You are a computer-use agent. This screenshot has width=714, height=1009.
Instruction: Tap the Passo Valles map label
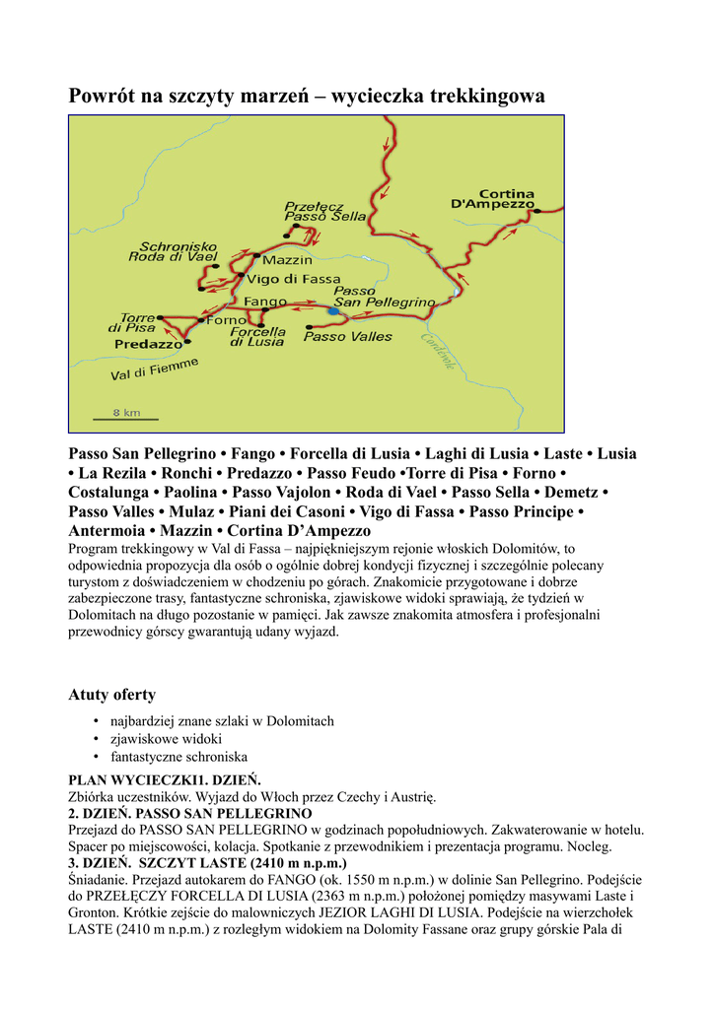[x=347, y=337]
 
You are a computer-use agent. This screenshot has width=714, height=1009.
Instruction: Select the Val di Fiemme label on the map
[x=155, y=370]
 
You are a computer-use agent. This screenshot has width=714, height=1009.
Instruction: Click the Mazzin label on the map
[x=288, y=260]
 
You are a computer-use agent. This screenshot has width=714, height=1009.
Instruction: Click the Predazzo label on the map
[x=148, y=345]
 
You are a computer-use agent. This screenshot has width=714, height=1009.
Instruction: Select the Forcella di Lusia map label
[x=257, y=337]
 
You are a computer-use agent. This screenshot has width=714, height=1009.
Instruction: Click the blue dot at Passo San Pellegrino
[x=333, y=311]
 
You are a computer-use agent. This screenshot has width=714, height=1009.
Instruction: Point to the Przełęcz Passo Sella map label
[x=324, y=211]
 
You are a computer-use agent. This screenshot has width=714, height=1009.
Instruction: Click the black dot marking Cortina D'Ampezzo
[x=538, y=210]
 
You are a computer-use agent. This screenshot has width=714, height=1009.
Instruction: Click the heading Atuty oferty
[x=111, y=695]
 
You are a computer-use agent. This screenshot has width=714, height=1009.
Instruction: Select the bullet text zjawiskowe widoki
[x=166, y=738]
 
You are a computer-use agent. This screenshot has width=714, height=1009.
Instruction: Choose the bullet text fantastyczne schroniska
[x=178, y=757]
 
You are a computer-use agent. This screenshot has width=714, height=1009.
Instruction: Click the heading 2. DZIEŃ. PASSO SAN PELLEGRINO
[x=189, y=813]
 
